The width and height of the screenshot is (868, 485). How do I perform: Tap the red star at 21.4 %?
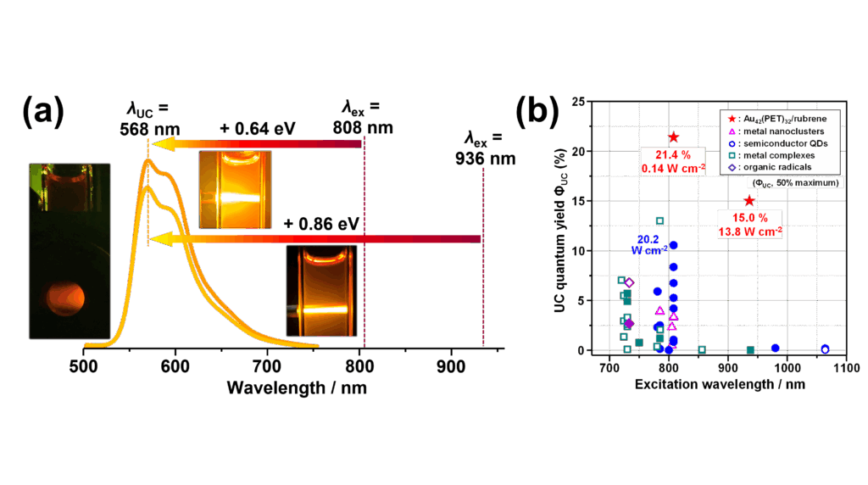[x=674, y=137]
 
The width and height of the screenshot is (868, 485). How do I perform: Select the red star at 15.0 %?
[x=749, y=200]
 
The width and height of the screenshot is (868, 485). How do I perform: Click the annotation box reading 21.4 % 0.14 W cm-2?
[x=674, y=161]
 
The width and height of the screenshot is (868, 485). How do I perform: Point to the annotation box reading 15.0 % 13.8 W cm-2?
[x=749, y=224]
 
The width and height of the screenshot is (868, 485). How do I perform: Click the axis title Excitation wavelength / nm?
[x=720, y=383]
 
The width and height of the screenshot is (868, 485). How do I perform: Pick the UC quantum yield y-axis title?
[x=559, y=226]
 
